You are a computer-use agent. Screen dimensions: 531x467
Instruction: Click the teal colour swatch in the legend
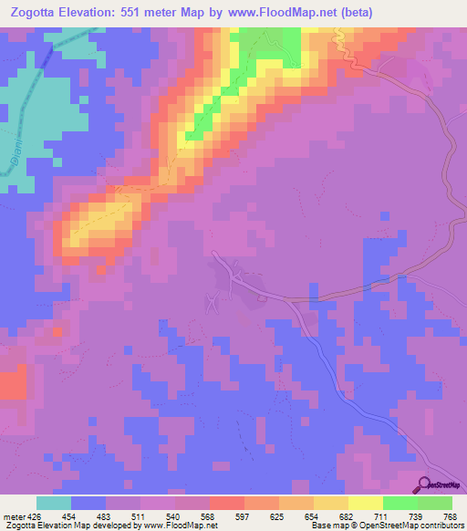54,504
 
